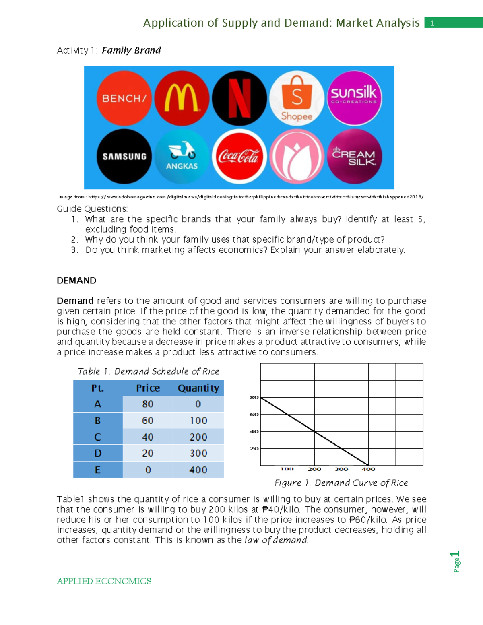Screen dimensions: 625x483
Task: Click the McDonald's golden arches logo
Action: [x=182, y=98]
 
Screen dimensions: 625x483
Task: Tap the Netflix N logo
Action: [x=239, y=98]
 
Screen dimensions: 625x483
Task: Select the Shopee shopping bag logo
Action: [x=297, y=98]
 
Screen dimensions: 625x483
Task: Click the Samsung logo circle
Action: [x=124, y=156]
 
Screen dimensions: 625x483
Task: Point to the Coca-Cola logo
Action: [x=239, y=156]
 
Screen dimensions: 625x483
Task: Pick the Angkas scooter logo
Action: [x=182, y=156]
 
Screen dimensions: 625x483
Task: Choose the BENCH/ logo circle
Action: [x=124, y=98]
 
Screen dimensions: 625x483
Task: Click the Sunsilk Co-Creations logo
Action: [x=354, y=98]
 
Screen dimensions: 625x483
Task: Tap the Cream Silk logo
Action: [x=354, y=156]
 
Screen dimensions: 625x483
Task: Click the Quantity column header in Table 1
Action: [x=198, y=388]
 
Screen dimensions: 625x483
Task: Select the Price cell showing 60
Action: [x=148, y=421]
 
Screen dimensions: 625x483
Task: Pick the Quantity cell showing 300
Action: [x=198, y=454]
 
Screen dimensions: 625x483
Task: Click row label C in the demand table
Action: [x=98, y=437]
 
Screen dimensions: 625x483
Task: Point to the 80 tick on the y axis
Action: [x=254, y=397]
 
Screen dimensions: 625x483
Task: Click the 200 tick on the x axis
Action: [x=314, y=469]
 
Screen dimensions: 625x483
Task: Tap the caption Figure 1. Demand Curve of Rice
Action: [x=341, y=483]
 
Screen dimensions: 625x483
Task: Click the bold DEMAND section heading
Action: [x=76, y=281]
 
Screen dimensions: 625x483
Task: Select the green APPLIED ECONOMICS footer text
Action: [x=104, y=581]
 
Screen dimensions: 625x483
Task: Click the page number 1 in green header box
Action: [x=433, y=23]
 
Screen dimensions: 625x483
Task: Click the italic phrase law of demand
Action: [x=276, y=540]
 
